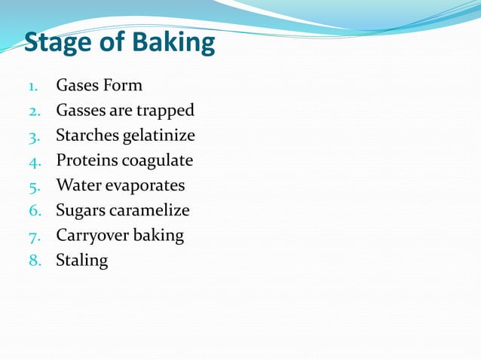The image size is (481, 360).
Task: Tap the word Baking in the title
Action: [173, 43]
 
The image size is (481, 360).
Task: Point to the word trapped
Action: [165, 111]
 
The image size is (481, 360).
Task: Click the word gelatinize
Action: [158, 136]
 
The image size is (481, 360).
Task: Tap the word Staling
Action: [81, 261]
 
